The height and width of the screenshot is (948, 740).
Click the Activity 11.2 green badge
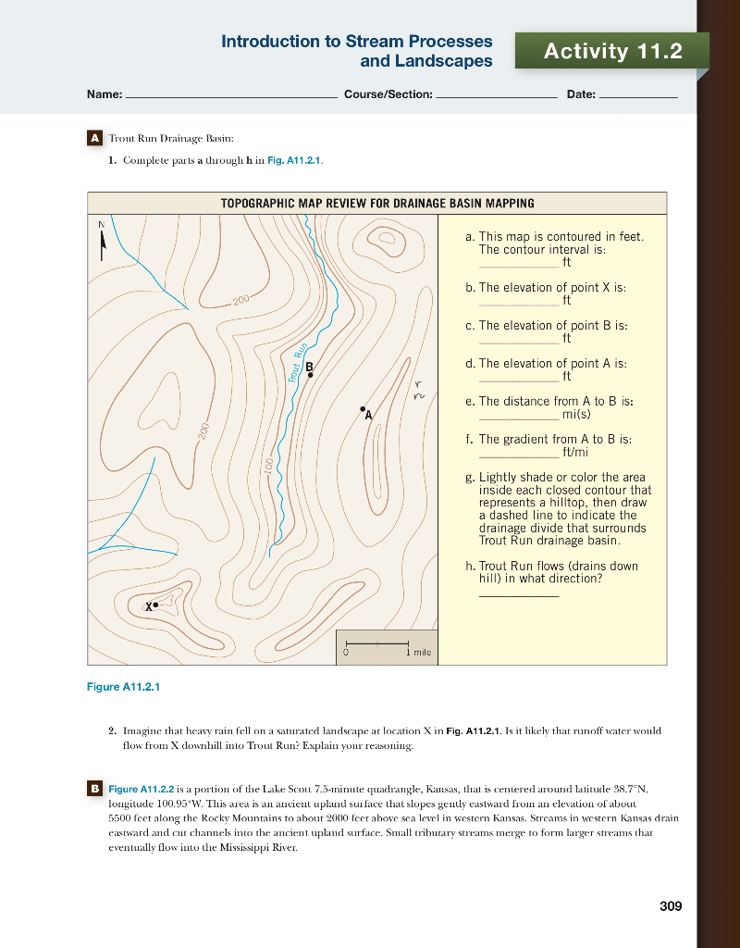pos(612,52)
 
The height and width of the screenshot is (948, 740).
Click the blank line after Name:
pos(230,96)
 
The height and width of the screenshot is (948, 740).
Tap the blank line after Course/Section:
pos(495,96)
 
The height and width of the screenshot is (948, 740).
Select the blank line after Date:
pos(638,96)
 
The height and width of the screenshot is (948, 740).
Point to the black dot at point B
pos(310,375)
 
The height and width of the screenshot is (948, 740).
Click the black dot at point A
pos(363,408)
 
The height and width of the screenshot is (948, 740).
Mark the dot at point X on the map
pos(156,605)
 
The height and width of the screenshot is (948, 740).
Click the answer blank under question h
pos(518,595)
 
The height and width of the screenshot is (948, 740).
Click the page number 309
pos(671,905)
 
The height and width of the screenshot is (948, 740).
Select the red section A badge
pos(93,138)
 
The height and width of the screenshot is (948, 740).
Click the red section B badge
pos(93,788)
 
